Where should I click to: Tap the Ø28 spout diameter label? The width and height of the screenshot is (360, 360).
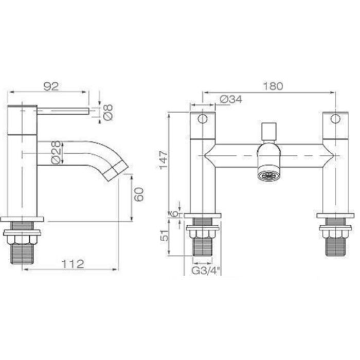58,153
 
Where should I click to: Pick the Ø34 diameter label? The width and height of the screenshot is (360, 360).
230,99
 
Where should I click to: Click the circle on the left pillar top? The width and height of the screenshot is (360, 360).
203,120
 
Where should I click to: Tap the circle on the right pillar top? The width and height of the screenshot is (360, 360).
335,120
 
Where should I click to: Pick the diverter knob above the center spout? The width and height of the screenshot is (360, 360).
268,132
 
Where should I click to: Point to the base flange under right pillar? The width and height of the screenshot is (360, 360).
335,215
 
